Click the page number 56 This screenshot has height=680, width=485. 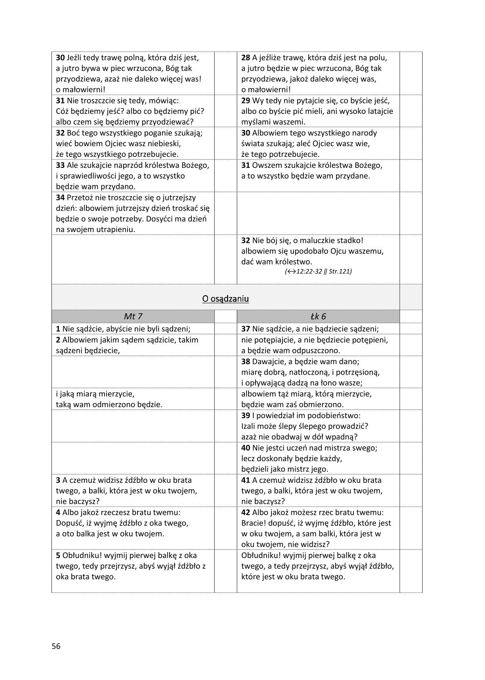click(x=56, y=646)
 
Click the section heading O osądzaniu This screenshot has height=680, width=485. click(x=225, y=298)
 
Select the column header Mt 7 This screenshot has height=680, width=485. click(x=133, y=316)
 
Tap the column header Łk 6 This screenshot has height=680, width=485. click(x=318, y=316)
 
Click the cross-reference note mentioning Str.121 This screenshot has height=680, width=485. click(x=318, y=271)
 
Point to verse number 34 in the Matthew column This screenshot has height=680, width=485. click(x=60, y=197)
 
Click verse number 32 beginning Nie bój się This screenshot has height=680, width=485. click(x=246, y=240)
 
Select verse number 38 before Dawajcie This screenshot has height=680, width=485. click(x=246, y=361)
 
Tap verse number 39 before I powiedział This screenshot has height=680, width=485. click(x=246, y=415)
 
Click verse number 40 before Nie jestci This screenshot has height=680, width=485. click(x=246, y=448)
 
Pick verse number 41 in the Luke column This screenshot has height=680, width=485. click(x=246, y=480)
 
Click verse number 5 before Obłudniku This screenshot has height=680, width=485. click(x=58, y=555)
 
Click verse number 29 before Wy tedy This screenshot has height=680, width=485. click(x=246, y=100)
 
